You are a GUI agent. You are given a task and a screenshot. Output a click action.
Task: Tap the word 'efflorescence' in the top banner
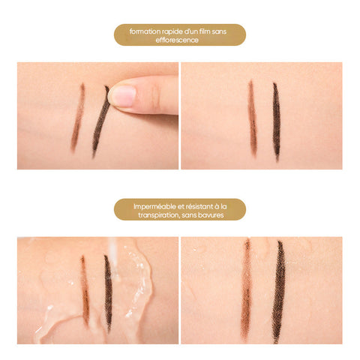click(x=177, y=40)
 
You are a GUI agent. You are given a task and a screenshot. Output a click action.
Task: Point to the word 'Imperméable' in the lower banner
click(x=154, y=207)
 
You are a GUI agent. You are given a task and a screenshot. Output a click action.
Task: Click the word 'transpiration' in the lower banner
click(x=159, y=215)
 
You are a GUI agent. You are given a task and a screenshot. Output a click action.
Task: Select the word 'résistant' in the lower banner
click(x=200, y=206)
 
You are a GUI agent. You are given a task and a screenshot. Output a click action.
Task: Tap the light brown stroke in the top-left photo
click(x=78, y=118)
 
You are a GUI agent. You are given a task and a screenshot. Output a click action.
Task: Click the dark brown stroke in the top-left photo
click(x=100, y=121)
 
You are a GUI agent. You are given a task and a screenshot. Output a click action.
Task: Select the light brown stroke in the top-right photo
click(x=253, y=118)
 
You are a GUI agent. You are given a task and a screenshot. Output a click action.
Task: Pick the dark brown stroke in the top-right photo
click(x=276, y=121)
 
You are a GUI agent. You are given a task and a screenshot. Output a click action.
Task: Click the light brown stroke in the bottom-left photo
click(x=85, y=290)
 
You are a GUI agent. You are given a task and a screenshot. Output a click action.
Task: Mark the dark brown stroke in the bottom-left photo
click(x=108, y=292)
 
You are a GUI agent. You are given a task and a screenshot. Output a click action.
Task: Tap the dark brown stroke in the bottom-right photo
click(x=278, y=291)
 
